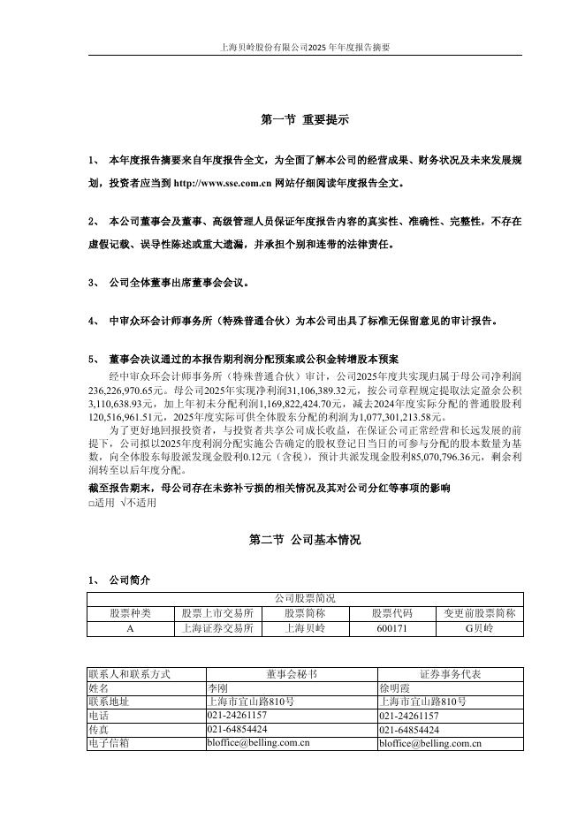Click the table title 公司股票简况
click(305, 598)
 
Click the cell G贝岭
click(478, 628)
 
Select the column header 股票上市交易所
click(217, 613)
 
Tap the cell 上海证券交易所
click(217, 628)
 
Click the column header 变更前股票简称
click(478, 613)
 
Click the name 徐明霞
click(394, 687)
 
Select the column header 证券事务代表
click(450, 673)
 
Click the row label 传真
click(99, 730)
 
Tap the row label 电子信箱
click(109, 744)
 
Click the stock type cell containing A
click(130, 628)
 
